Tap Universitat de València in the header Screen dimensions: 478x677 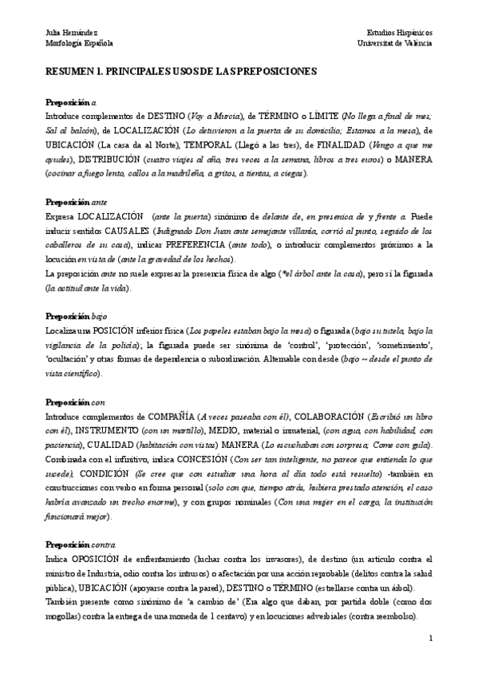(395, 42)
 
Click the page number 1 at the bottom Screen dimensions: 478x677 (429, 639)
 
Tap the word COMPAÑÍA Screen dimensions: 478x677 (168, 417)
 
